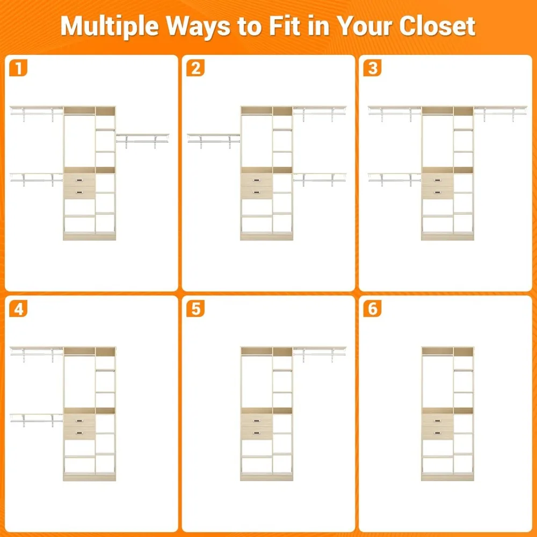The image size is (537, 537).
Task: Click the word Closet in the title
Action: tap(437, 26)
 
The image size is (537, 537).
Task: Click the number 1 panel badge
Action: tap(18, 68)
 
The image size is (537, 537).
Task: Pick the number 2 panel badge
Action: tap(195, 68)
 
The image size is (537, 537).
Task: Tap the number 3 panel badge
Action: tap(372, 68)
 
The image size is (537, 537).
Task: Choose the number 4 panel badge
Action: tap(18, 309)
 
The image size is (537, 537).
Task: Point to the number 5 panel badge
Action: tap(195, 309)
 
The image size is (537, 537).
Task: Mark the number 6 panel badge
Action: tap(372, 309)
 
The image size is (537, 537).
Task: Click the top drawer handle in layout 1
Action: tap(79, 180)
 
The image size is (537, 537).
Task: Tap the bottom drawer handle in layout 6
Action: tap(437, 433)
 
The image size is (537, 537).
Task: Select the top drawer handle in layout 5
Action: tap(257, 421)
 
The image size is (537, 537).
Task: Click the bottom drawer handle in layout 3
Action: tap(437, 192)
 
